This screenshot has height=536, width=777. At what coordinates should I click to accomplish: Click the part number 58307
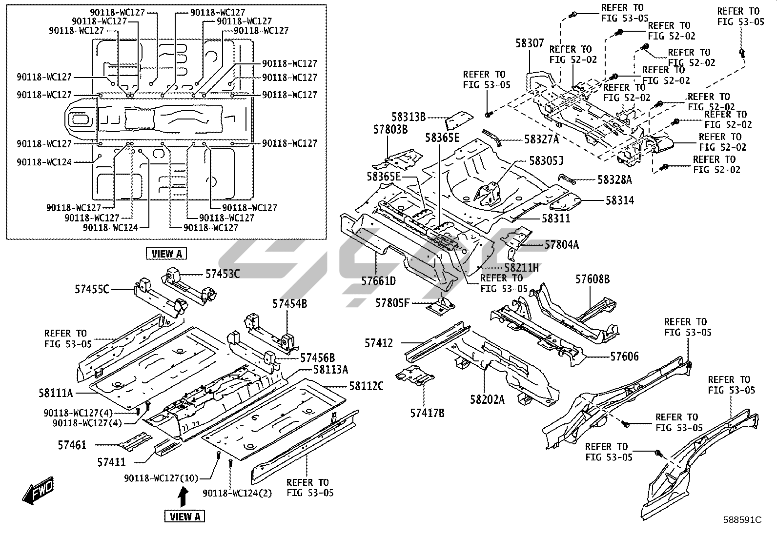click(530, 43)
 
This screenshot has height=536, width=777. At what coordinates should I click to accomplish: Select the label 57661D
click(378, 281)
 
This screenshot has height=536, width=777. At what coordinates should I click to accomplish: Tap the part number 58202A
click(487, 399)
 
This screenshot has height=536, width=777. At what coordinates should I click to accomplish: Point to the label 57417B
click(427, 413)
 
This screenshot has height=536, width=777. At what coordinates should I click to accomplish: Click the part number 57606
click(624, 357)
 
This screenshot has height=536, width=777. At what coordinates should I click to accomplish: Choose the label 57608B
click(592, 279)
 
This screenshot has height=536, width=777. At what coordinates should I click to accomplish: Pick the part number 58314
click(620, 200)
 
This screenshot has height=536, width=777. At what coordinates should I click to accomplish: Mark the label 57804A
click(561, 245)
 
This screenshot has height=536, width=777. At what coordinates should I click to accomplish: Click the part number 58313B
click(409, 117)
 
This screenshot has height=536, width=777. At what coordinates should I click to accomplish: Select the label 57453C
click(223, 274)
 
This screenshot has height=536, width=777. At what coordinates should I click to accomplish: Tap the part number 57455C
click(92, 289)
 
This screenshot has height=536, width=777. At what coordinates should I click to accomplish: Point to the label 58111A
click(56, 392)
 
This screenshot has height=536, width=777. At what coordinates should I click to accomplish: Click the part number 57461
click(72, 445)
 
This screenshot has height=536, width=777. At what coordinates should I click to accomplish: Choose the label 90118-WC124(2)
click(237, 493)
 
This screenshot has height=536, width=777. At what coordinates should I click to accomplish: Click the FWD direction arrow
click(38, 491)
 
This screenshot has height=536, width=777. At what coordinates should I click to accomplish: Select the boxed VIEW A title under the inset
click(166, 254)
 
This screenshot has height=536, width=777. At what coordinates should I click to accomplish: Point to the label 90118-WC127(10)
click(161, 478)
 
